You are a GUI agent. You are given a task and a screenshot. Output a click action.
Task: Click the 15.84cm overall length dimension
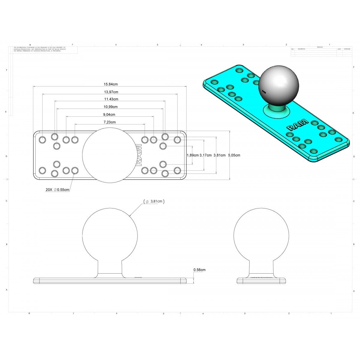pyautogui.click(x=110, y=85)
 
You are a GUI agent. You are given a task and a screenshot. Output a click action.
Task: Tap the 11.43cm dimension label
pyautogui.click(x=111, y=99)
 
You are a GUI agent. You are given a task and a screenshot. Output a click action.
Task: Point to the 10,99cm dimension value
pyautogui.click(x=111, y=107)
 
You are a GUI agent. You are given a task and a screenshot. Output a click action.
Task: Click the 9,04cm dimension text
pyautogui.click(x=109, y=115)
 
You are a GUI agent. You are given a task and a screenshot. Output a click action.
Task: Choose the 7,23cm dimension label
pyautogui.click(x=109, y=122)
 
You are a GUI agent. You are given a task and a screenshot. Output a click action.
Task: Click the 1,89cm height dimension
pyautogui.click(x=193, y=155)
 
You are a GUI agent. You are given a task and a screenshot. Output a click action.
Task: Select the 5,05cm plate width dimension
pyautogui.click(x=234, y=155)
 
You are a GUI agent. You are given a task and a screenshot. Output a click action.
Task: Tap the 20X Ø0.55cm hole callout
pyautogui.click(x=58, y=190)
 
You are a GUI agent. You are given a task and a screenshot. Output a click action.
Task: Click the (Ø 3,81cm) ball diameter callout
pyautogui.click(x=154, y=202)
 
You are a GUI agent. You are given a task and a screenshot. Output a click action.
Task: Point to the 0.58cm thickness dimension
pyautogui.click(x=199, y=270)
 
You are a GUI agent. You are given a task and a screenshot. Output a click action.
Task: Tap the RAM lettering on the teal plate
pyautogui.click(x=297, y=124)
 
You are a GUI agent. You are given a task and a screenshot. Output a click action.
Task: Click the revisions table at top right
pyautogui.click(x=321, y=52)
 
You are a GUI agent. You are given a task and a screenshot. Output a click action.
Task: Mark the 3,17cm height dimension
pyautogui.click(x=205, y=155)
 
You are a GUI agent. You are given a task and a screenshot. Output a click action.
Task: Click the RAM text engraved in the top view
pyautogui.click(x=138, y=155)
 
